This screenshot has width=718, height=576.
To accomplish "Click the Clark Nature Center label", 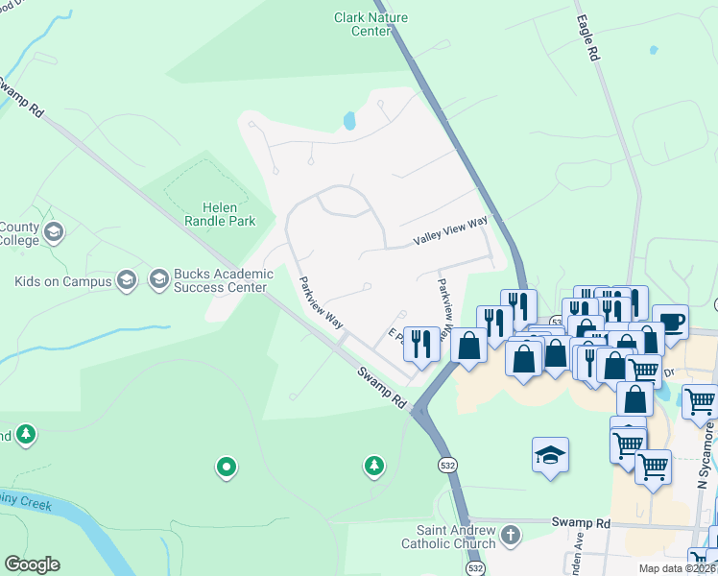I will click(x=363, y=24).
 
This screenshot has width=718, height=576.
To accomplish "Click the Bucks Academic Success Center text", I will click(x=224, y=280).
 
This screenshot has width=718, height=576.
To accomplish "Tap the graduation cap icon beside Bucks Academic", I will click(x=158, y=280).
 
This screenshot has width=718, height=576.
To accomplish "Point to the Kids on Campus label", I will click(x=62, y=281).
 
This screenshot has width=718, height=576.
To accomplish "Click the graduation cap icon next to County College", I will click(x=54, y=232).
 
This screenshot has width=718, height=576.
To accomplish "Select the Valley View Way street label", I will click(x=450, y=230).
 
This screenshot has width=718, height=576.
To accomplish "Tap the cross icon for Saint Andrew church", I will click(x=512, y=535).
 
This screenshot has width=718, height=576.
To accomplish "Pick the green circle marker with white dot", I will click(x=226, y=467).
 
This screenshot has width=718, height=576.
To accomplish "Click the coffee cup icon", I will click(x=670, y=321).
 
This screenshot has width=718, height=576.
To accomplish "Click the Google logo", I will click(x=32, y=564).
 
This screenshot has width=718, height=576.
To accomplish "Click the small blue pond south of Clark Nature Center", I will click(x=349, y=121).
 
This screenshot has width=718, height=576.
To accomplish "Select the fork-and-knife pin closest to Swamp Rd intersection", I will click(x=421, y=343).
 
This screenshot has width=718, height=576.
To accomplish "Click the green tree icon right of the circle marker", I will click(x=373, y=467).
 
